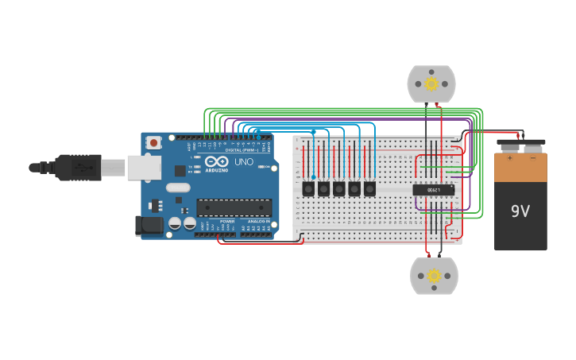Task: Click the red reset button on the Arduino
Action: (x=153, y=142)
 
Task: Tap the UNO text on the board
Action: (x=244, y=161)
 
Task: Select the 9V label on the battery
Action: (x=520, y=211)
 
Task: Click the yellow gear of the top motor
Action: (x=431, y=83)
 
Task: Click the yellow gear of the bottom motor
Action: (x=434, y=276)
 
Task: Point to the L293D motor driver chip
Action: (x=433, y=190)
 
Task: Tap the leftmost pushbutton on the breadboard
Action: (x=308, y=188)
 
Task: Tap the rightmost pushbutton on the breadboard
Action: (x=369, y=188)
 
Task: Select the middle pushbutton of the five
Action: (x=338, y=188)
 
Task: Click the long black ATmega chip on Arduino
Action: (x=234, y=207)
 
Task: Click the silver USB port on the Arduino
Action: (x=144, y=167)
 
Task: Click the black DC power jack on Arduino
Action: (x=149, y=226)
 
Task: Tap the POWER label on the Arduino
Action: (x=227, y=221)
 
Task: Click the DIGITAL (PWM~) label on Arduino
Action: (x=242, y=149)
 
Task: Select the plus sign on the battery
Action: (x=509, y=158)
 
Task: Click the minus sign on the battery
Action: (x=533, y=158)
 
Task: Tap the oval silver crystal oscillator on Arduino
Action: (x=177, y=188)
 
